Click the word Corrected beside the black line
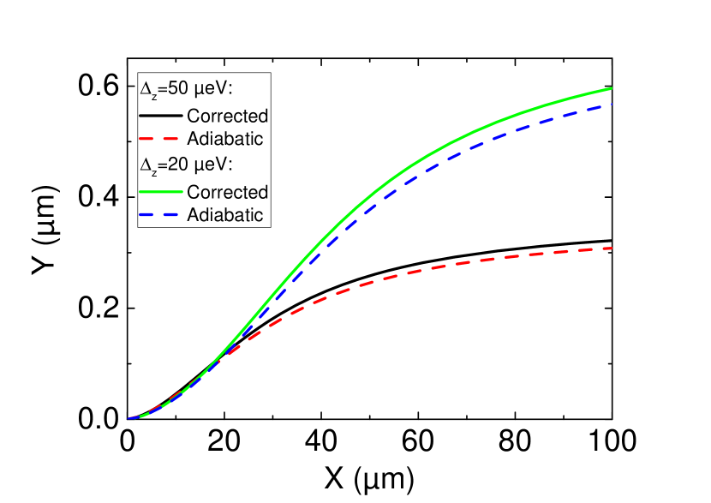tap(227, 116)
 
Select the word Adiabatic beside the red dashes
tap(224, 138)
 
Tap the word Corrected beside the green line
tap(227, 192)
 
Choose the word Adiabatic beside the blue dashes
tap(224, 214)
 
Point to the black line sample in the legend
tap(160, 115)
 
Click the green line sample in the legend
tap(160, 191)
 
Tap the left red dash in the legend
tap(147, 137)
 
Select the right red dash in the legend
tap(171, 137)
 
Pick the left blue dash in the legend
tap(147, 213)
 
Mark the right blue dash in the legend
tap(171, 213)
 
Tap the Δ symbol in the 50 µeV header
tap(145, 88)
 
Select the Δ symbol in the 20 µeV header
tap(145, 165)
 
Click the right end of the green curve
tap(612, 88)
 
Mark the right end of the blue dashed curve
tap(612, 105)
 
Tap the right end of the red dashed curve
tap(612, 249)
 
